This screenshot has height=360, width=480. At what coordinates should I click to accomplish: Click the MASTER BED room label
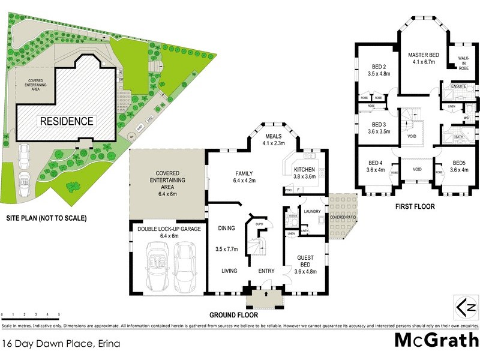[x=424, y=55]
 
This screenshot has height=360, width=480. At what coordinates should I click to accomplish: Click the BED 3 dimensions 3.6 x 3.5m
[x=378, y=131]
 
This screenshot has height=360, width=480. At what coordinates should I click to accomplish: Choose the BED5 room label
[x=459, y=163]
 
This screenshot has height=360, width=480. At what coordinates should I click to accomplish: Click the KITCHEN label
[x=304, y=169]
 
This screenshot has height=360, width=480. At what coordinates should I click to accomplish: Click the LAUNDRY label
[x=313, y=211]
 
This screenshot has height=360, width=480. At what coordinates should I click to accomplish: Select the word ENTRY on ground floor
[x=266, y=271]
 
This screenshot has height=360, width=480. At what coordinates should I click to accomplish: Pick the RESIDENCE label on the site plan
[x=67, y=121]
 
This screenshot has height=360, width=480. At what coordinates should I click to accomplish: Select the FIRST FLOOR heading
[x=415, y=206]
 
